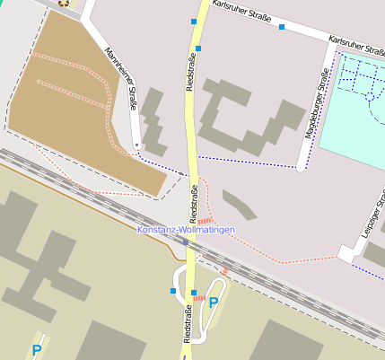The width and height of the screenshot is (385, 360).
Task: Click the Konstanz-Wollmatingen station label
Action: point(186,230)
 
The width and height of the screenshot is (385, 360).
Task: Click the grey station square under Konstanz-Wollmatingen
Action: point(186,241)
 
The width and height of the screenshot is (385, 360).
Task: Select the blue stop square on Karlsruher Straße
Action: point(281,27)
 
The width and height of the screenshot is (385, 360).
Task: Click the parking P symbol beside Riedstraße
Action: point(214,303)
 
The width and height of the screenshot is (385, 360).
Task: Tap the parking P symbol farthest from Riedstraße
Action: point(36,350)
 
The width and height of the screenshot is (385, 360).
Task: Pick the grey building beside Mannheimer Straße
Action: point(153,121)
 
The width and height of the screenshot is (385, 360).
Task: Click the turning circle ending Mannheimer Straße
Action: point(136,145)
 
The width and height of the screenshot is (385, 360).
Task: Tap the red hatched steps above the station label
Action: point(205,219)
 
